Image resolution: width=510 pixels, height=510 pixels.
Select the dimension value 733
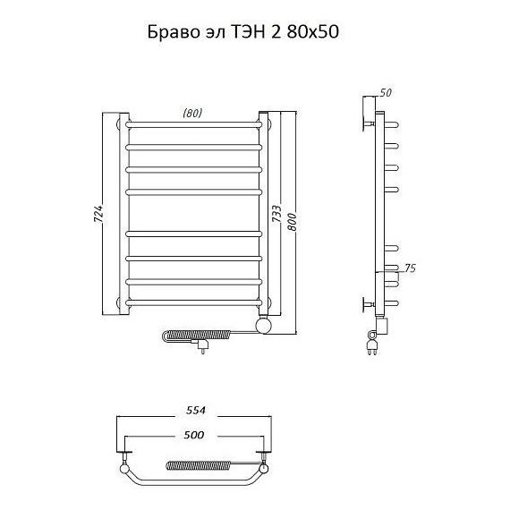point(276,217)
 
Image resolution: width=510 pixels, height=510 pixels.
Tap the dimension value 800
point(291,219)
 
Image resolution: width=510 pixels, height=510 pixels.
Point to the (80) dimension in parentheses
point(191,113)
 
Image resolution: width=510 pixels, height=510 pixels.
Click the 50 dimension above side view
point(387,92)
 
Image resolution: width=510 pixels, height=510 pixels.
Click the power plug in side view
point(370,343)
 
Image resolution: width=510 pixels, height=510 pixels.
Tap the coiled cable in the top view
point(198,465)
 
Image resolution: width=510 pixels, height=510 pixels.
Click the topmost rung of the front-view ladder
point(194,122)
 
